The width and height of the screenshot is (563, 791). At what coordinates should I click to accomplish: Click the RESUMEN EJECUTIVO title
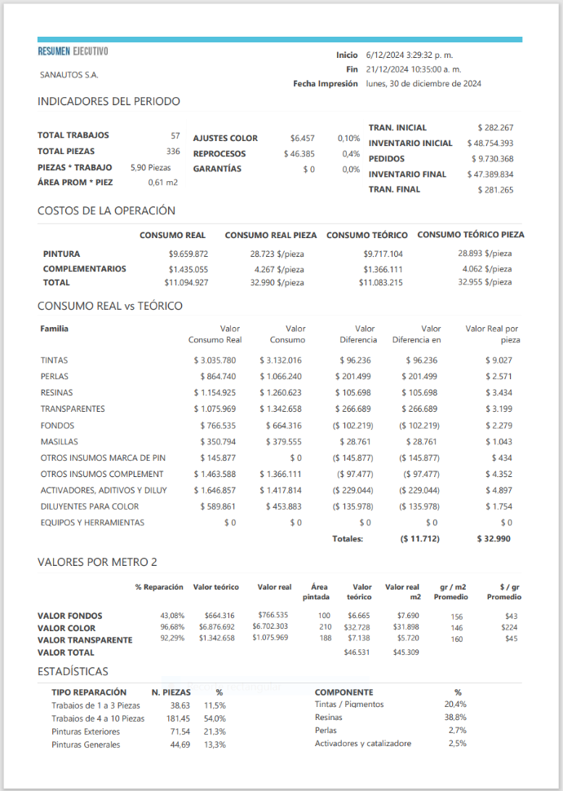click(73, 52)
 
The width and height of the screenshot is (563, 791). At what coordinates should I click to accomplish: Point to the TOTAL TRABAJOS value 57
click(175, 135)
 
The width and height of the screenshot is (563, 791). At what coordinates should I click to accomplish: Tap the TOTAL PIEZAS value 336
click(173, 151)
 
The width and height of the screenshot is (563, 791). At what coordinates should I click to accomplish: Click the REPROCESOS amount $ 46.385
click(299, 153)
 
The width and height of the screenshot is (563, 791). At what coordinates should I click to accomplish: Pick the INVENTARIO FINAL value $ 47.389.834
click(490, 175)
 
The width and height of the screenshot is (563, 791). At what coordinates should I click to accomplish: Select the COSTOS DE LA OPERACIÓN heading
click(106, 210)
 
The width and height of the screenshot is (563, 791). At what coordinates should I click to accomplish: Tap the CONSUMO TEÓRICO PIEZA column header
click(471, 235)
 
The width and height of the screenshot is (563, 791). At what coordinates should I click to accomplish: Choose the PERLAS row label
click(55, 376)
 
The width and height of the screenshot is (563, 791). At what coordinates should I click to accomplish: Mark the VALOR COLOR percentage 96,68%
click(172, 627)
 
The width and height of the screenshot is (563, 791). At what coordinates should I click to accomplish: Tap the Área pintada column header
click(320, 591)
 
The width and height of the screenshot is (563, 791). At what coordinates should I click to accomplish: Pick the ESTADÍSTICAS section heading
click(73, 671)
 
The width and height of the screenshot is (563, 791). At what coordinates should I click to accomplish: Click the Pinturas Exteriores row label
click(86, 731)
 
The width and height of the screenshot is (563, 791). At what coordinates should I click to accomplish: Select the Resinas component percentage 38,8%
click(455, 717)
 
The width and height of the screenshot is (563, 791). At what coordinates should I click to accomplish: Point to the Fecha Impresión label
click(326, 83)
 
